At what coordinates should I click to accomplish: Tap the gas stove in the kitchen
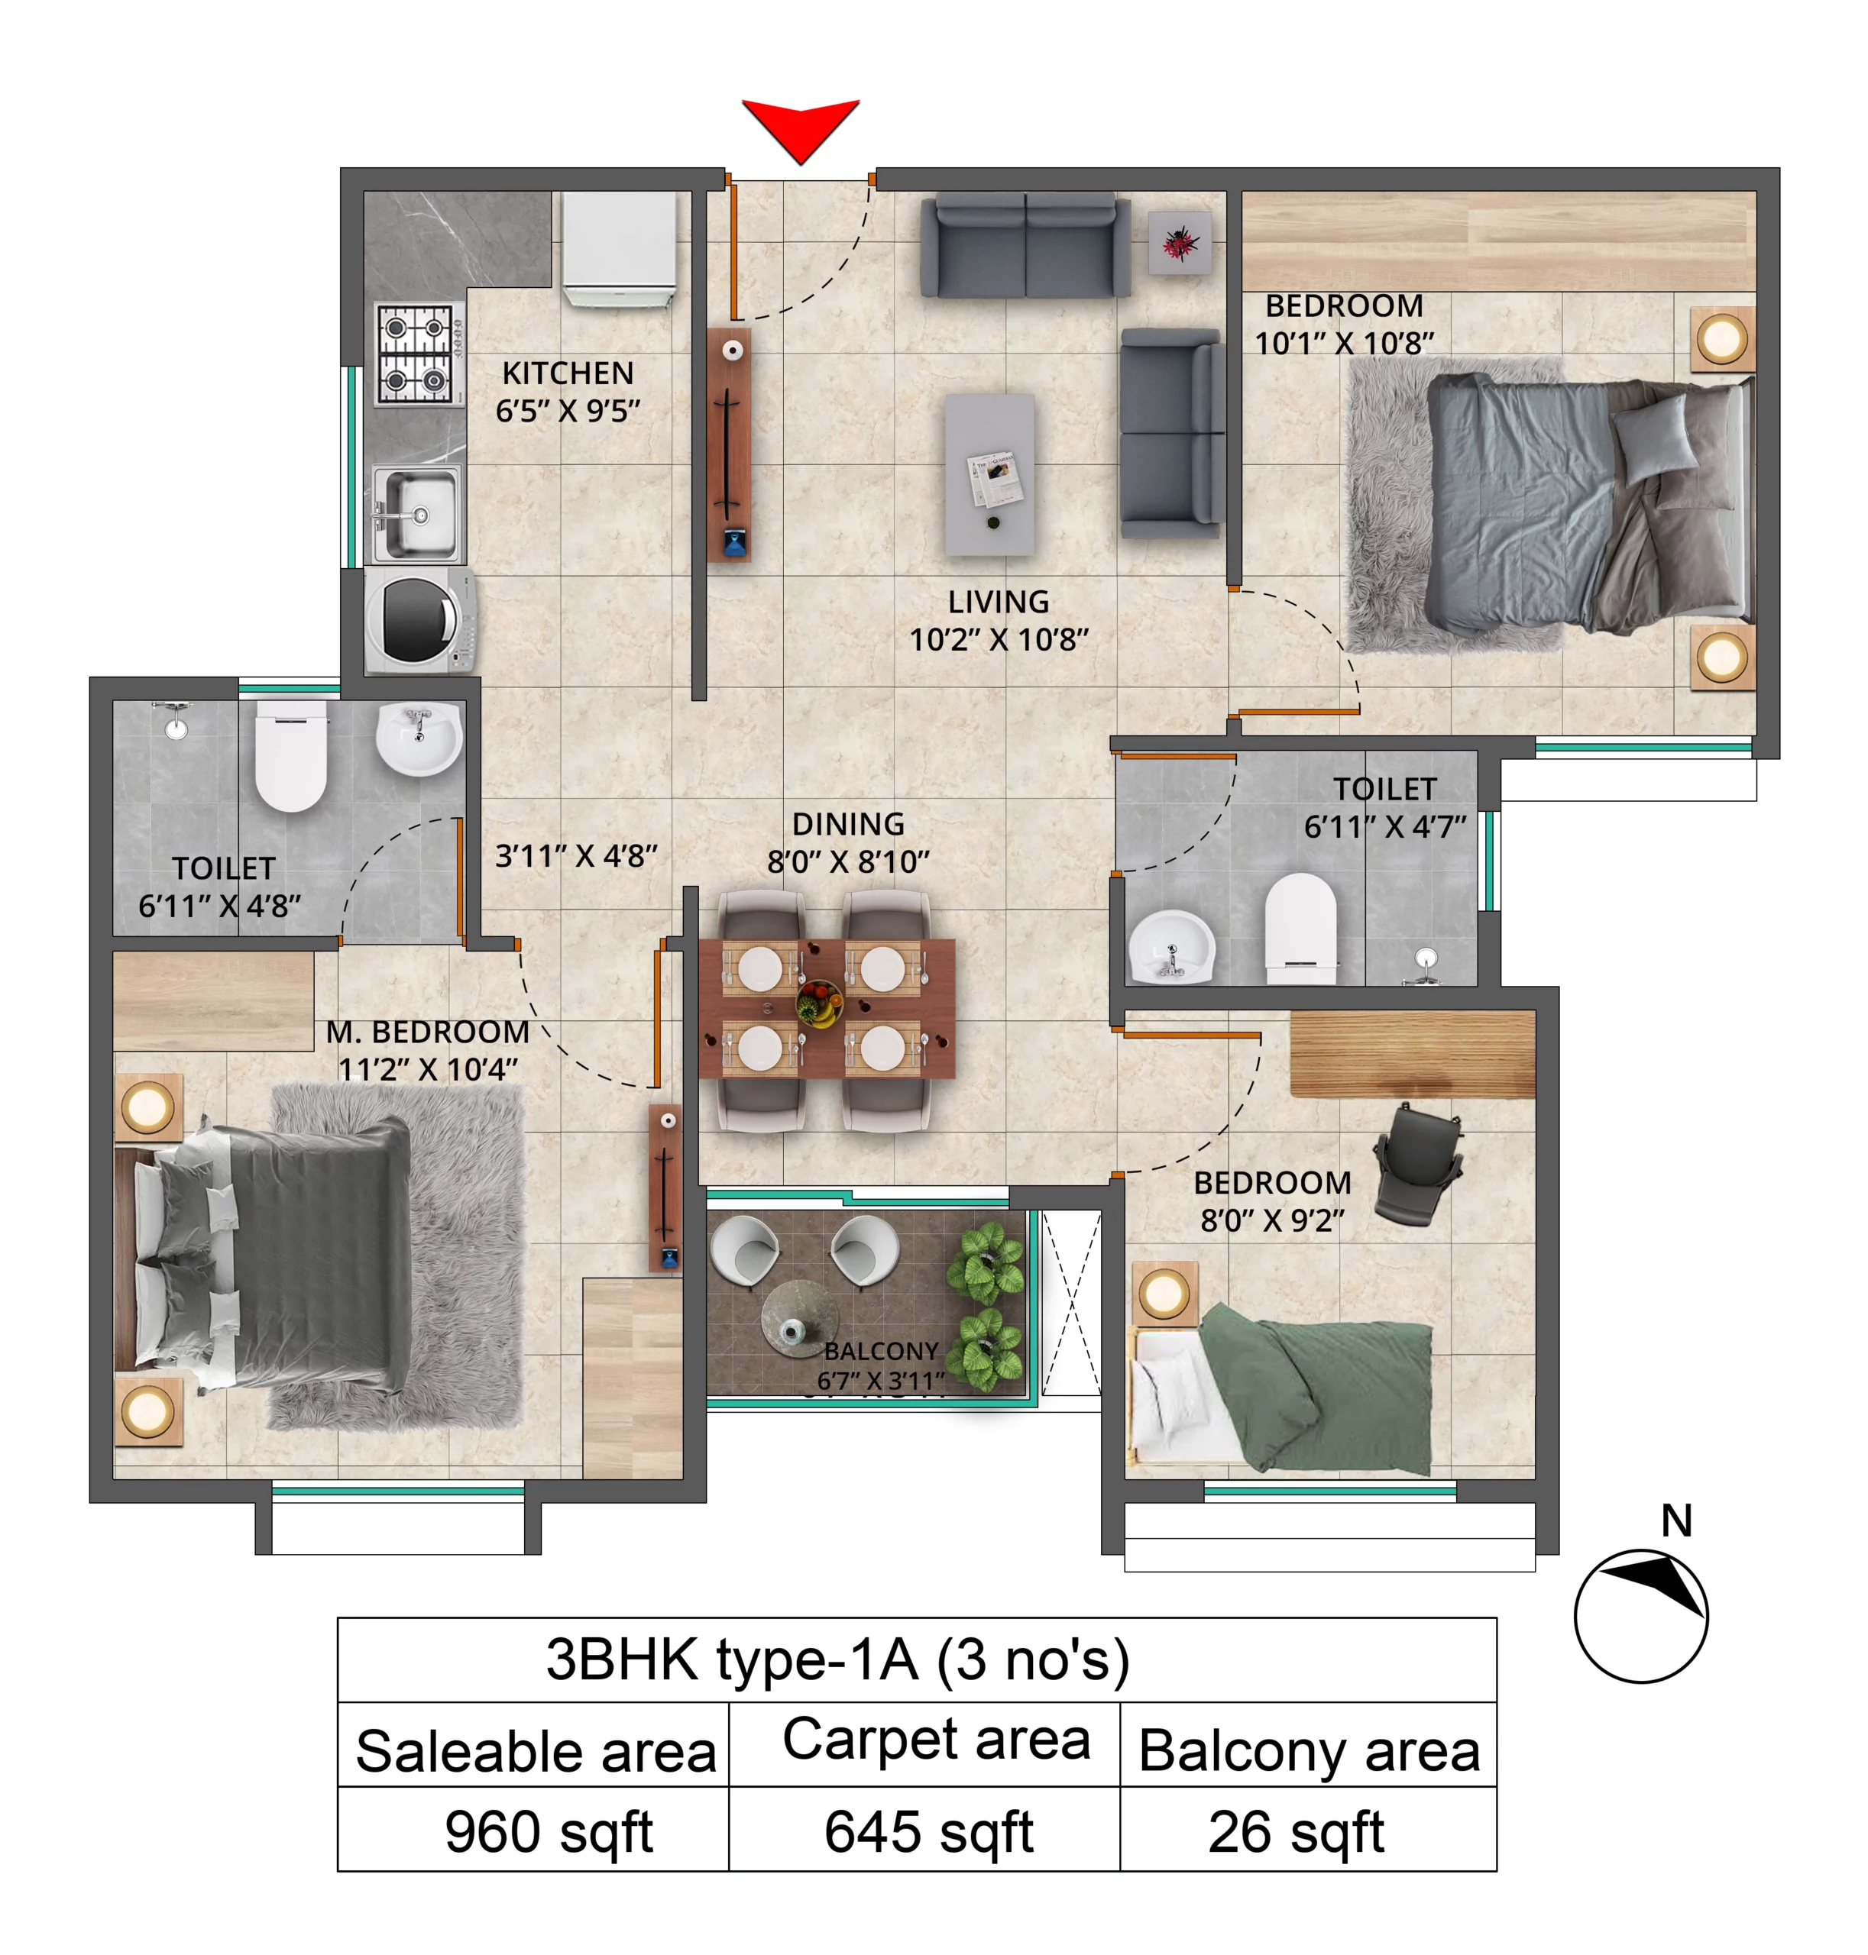[419, 354]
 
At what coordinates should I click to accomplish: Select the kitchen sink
[417, 515]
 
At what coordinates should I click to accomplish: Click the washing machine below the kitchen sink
[419, 621]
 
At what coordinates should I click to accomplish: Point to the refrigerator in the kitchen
[618, 249]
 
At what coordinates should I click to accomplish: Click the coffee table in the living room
[989, 473]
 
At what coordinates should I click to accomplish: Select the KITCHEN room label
[568, 373]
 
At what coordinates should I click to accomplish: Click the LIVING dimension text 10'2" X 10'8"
[999, 639]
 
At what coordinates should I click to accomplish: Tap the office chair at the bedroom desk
[1418, 1164]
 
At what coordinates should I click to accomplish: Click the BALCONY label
[881, 1351]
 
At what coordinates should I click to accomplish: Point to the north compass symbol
[1641, 1614]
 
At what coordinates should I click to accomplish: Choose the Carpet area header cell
[936, 1739]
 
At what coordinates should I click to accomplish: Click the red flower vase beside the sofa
[1180, 242]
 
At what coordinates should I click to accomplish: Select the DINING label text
[848, 824]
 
